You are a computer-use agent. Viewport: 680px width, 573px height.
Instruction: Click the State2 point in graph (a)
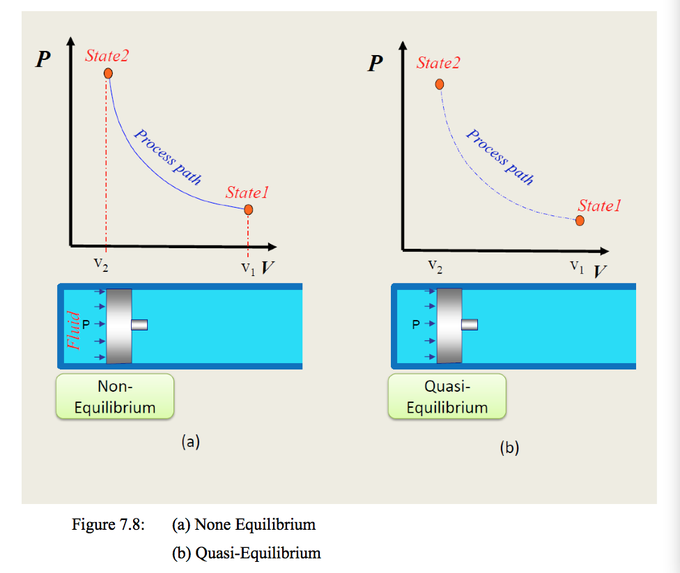pos(108,73)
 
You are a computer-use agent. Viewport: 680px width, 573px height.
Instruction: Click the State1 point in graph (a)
pos(249,209)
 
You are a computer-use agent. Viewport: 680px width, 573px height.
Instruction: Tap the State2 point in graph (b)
pos(440,84)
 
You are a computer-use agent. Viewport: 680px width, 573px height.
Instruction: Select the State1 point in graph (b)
pos(580,221)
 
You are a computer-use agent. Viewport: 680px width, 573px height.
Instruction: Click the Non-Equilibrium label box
pos(115,396)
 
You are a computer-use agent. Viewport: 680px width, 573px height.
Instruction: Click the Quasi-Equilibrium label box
pos(447,396)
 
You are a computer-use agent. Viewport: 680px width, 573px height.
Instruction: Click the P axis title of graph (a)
pos(43,59)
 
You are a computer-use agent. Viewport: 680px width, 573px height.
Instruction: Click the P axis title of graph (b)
pos(376,64)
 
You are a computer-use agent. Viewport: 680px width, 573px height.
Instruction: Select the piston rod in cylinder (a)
pos(139,324)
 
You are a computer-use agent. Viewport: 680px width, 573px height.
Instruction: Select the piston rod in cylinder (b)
pos(470,324)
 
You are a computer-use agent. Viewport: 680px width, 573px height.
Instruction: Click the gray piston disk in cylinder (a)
pos(119,326)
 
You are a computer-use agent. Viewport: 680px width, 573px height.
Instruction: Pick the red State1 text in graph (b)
pos(599,206)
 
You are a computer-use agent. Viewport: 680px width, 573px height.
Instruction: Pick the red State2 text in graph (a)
pos(107,56)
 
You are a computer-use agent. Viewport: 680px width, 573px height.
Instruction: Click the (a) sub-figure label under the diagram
pos(190,441)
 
